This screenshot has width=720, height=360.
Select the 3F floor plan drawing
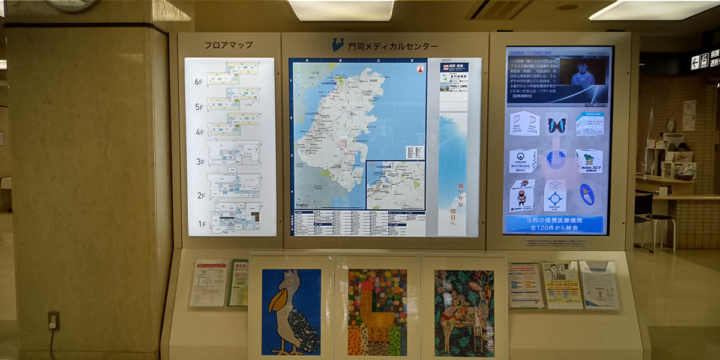[234, 153]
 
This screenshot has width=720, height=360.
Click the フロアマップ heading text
[228, 45]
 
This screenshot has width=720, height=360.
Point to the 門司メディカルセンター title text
[393, 46]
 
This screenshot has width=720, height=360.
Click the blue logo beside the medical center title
[338, 45]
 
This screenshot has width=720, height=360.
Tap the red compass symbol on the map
[420, 68]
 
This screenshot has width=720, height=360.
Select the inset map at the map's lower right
[395, 184]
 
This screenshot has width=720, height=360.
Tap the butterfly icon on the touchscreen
[556, 125]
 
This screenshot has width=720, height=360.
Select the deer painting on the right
[464, 312]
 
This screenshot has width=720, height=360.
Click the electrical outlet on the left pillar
[54, 320]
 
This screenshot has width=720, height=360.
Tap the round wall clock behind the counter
[670, 124]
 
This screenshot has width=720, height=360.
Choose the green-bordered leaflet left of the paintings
[238, 283]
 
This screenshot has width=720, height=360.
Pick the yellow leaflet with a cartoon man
[562, 284]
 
